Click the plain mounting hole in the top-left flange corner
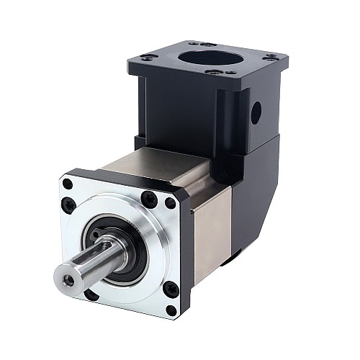point(67,184)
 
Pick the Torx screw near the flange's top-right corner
point(149,199)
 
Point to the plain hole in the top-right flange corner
point(170,203)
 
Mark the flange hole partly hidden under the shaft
point(91,294)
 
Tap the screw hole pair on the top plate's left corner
point(146,57)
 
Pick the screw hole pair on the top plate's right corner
point(272,58)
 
